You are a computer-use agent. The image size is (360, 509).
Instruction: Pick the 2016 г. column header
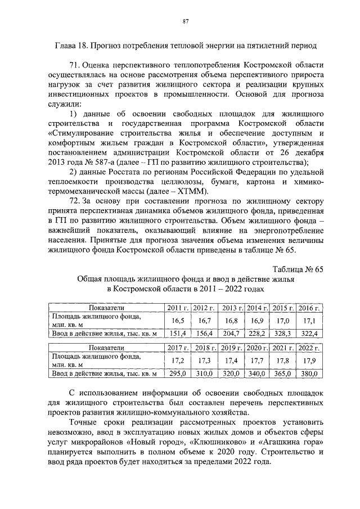(x=309, y=308)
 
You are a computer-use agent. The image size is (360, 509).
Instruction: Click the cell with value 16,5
(x=178, y=319)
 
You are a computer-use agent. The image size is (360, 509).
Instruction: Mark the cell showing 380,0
(x=309, y=373)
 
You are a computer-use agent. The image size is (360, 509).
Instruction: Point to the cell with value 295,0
(x=178, y=373)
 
